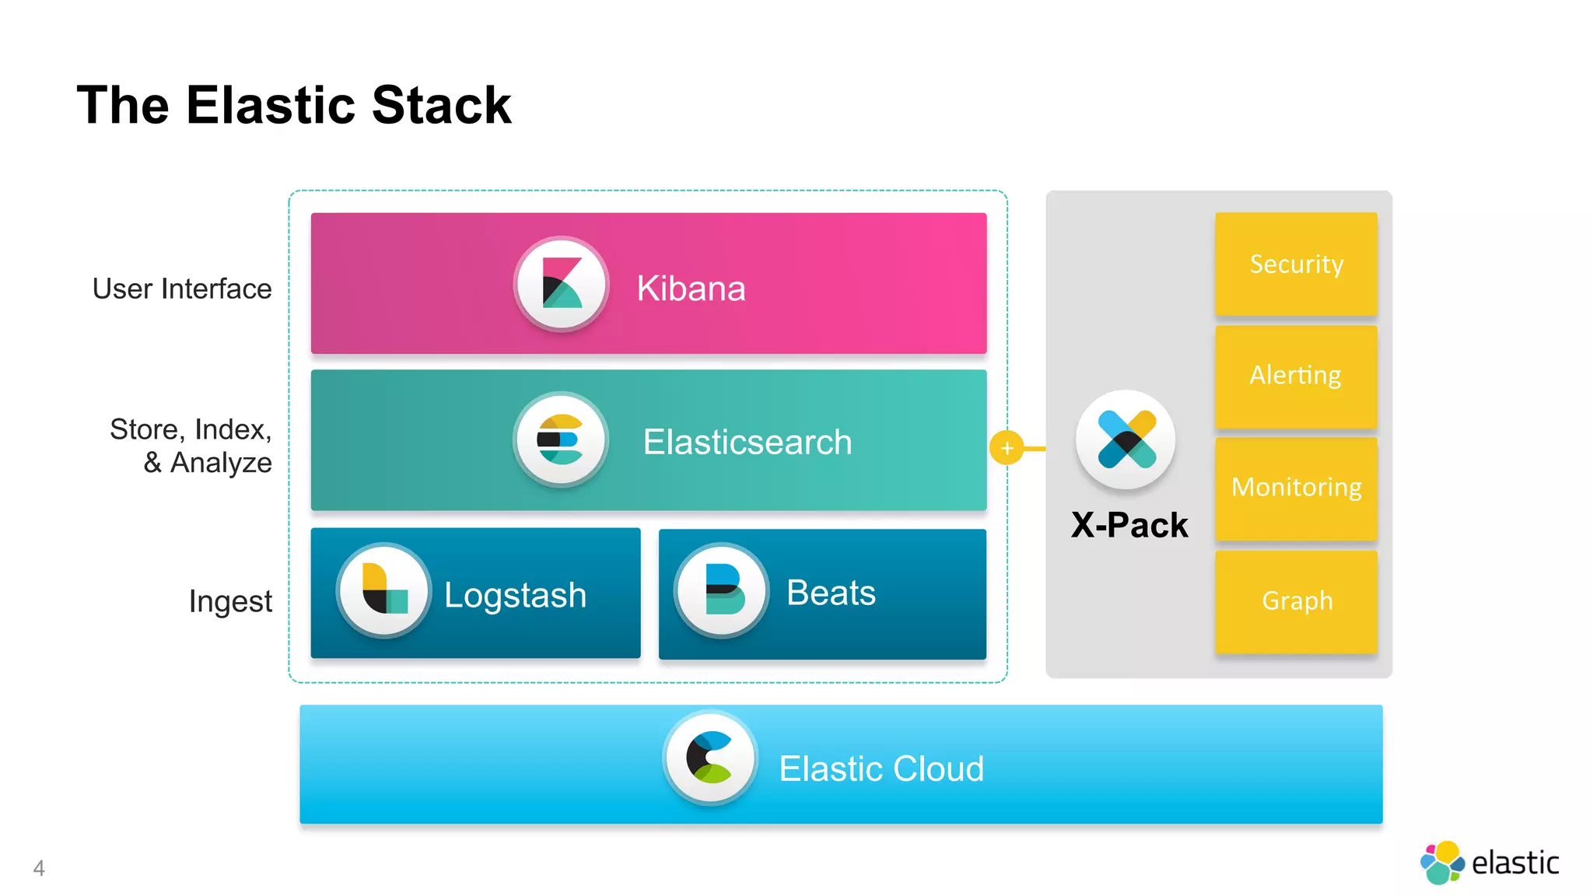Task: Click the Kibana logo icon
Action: (561, 284)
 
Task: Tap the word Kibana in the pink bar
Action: (691, 289)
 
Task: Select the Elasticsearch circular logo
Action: (561, 439)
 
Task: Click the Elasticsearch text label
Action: (747, 442)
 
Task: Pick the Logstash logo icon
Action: (383, 590)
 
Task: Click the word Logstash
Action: (515, 595)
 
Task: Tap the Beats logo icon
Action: (722, 590)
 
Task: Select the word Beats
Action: (831, 593)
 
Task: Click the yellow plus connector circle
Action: (1007, 448)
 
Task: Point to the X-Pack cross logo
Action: (1126, 439)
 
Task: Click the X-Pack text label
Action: (1129, 525)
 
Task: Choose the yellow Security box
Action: (1296, 264)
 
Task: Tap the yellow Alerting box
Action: (1296, 376)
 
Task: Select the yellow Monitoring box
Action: (1296, 488)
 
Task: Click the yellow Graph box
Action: (1296, 601)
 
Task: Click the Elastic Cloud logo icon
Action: (710, 757)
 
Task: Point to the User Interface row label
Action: (182, 289)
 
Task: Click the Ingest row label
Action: (230, 601)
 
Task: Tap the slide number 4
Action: (39, 868)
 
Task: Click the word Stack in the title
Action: (441, 105)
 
